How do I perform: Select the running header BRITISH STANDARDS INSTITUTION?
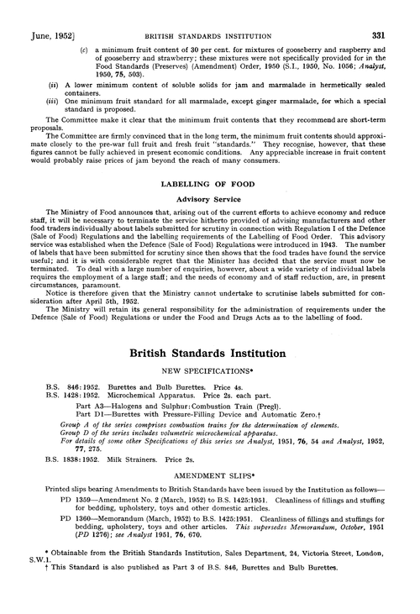pyautogui.click(x=211, y=12)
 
